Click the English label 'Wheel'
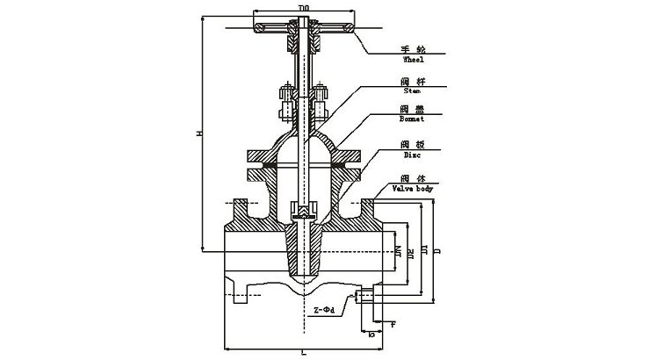[x=413, y=61]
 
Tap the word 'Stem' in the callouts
[x=413, y=90]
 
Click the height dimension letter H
[x=199, y=133]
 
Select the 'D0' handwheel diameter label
[x=303, y=8]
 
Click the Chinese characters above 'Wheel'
[x=413, y=49]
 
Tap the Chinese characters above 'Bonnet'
[x=413, y=110]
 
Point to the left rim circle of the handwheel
[x=260, y=31]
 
